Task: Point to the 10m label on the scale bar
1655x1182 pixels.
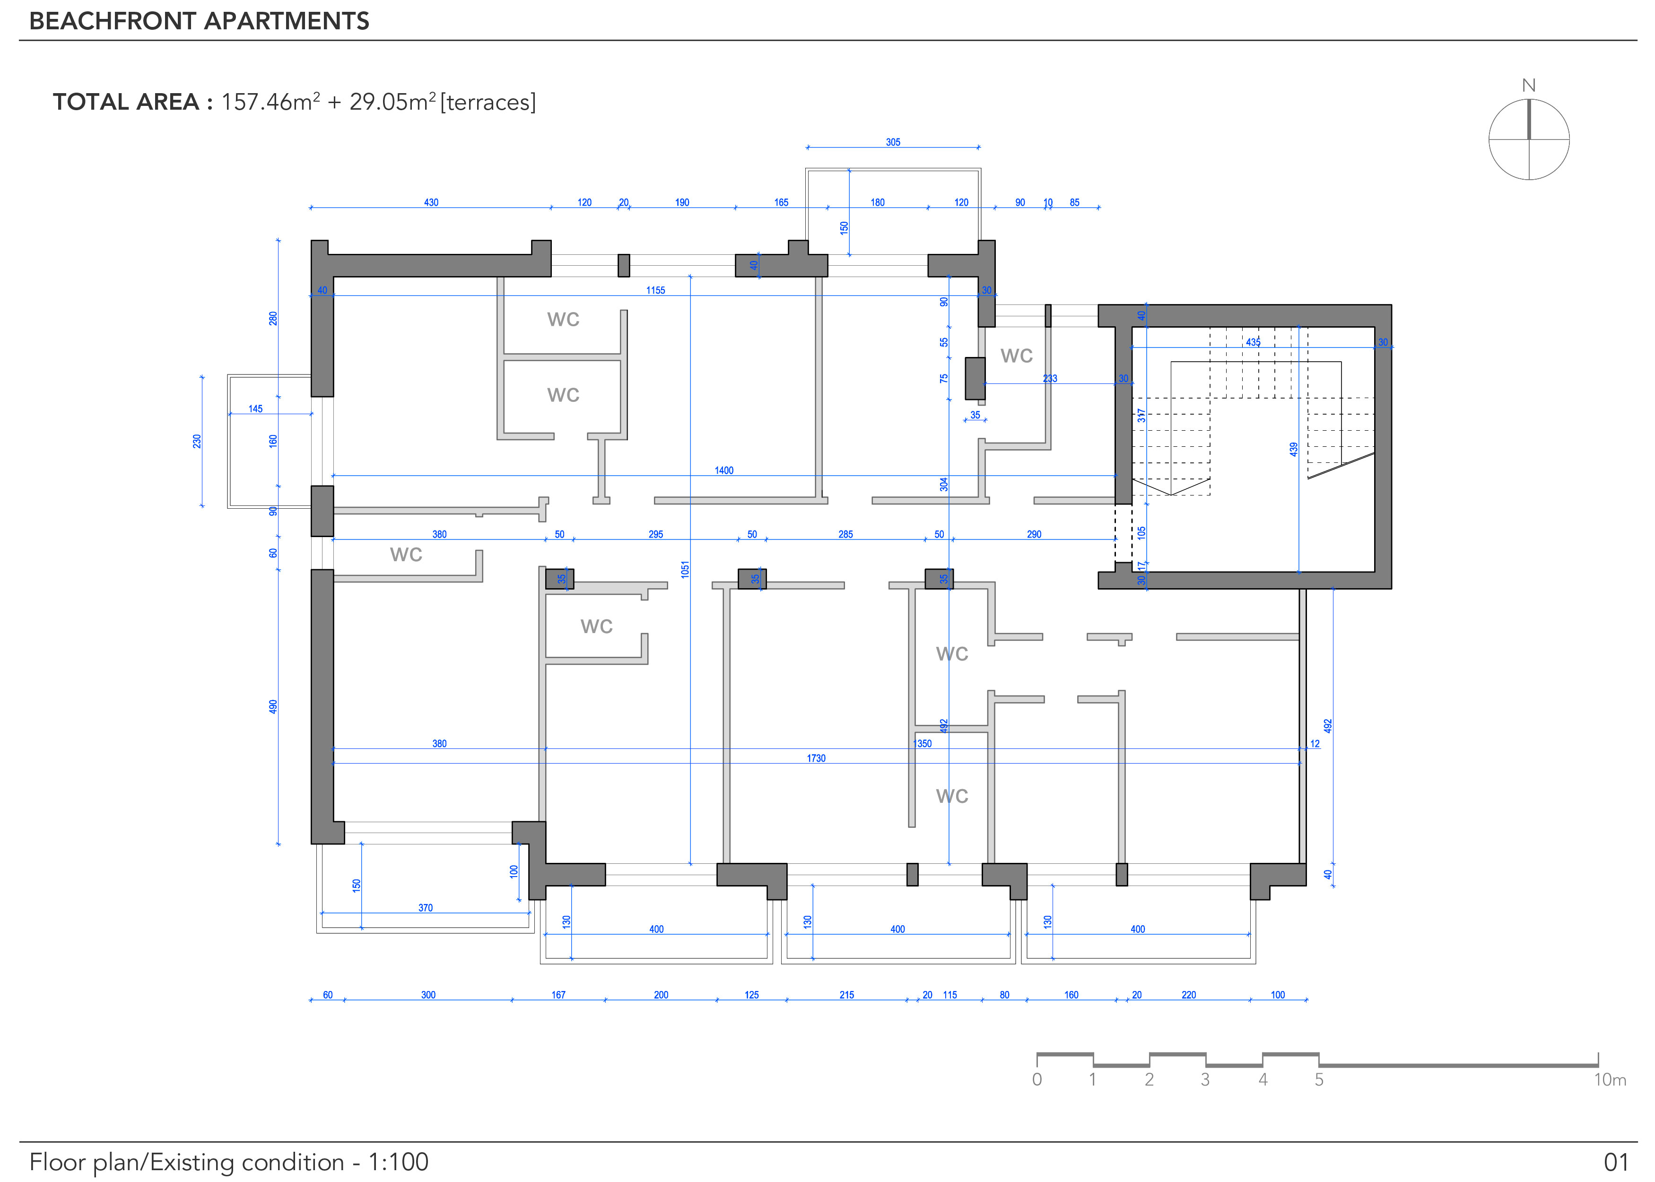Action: [1610, 1079]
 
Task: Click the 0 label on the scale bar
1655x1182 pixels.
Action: [1037, 1079]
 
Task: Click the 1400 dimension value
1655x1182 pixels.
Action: [723, 471]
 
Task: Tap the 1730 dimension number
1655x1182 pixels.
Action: [816, 758]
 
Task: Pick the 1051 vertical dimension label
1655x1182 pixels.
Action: [685, 569]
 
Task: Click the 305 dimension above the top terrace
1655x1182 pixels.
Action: [893, 143]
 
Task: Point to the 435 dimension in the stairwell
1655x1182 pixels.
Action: [1253, 342]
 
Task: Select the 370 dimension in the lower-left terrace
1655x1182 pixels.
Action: [425, 908]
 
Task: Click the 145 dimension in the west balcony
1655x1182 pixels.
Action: [255, 409]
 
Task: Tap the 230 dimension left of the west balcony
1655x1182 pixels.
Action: [197, 441]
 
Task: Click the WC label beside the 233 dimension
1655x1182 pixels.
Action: [1016, 356]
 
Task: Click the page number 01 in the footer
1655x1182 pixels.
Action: [1616, 1162]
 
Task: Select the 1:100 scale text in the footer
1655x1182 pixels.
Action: [398, 1162]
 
